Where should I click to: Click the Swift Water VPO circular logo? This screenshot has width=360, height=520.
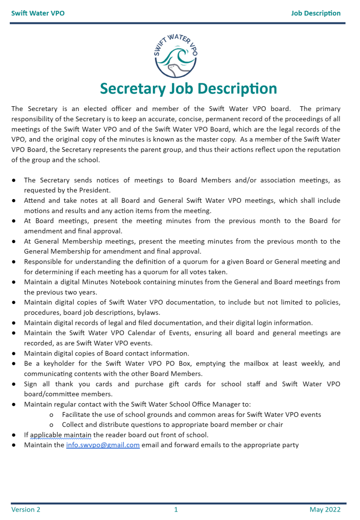tap(176, 55)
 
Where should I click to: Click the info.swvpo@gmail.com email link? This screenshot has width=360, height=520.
tap(103, 445)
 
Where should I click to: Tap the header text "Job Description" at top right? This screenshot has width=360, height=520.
tap(315, 13)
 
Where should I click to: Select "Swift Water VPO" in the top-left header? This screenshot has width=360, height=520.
tap(38, 13)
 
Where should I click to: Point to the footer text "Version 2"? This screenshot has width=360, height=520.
tap(26, 510)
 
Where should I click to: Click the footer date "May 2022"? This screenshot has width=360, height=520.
tap(325, 510)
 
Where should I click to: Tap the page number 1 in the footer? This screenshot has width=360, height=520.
tap(176, 510)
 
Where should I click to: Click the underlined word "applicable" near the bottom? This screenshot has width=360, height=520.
tap(46, 435)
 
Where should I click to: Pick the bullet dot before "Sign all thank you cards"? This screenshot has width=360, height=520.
tap(14, 384)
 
